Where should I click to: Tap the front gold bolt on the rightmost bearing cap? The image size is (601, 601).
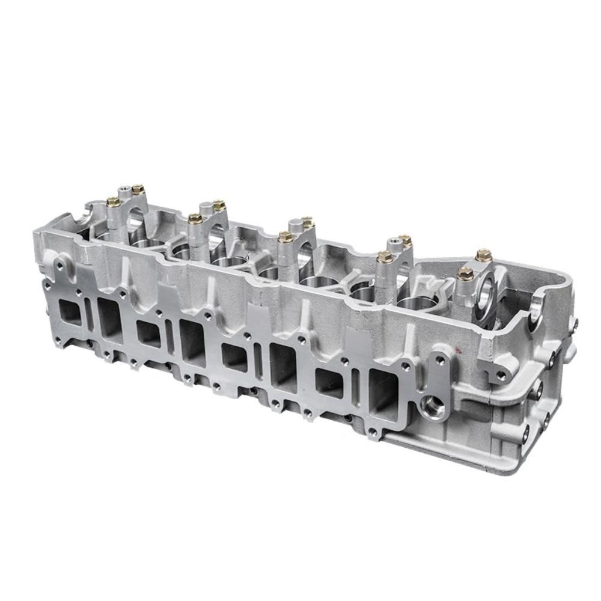point(464,273)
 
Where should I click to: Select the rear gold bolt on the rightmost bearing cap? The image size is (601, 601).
point(483,255)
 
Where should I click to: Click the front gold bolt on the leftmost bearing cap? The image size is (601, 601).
point(112,201)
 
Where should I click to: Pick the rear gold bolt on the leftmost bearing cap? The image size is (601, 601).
point(137,189)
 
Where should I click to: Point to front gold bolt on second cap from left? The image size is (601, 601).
point(194,218)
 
